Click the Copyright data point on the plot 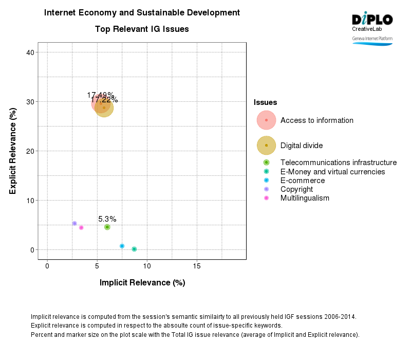[x=74, y=224]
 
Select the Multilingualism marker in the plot [x=81, y=228]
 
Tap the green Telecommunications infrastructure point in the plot [x=107, y=227]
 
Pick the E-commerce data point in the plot [x=122, y=246]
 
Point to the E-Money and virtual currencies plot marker [x=134, y=249]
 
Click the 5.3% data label [x=107, y=219]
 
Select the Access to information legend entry [x=316, y=120]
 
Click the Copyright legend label [x=296, y=189]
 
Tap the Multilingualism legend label [x=305, y=198]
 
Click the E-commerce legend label [x=302, y=181]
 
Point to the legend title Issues [x=266, y=103]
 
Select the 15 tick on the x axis [x=197, y=266]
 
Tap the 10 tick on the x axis [x=147, y=266]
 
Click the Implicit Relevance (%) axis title [x=142, y=283]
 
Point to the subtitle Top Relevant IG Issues [x=142, y=29]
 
